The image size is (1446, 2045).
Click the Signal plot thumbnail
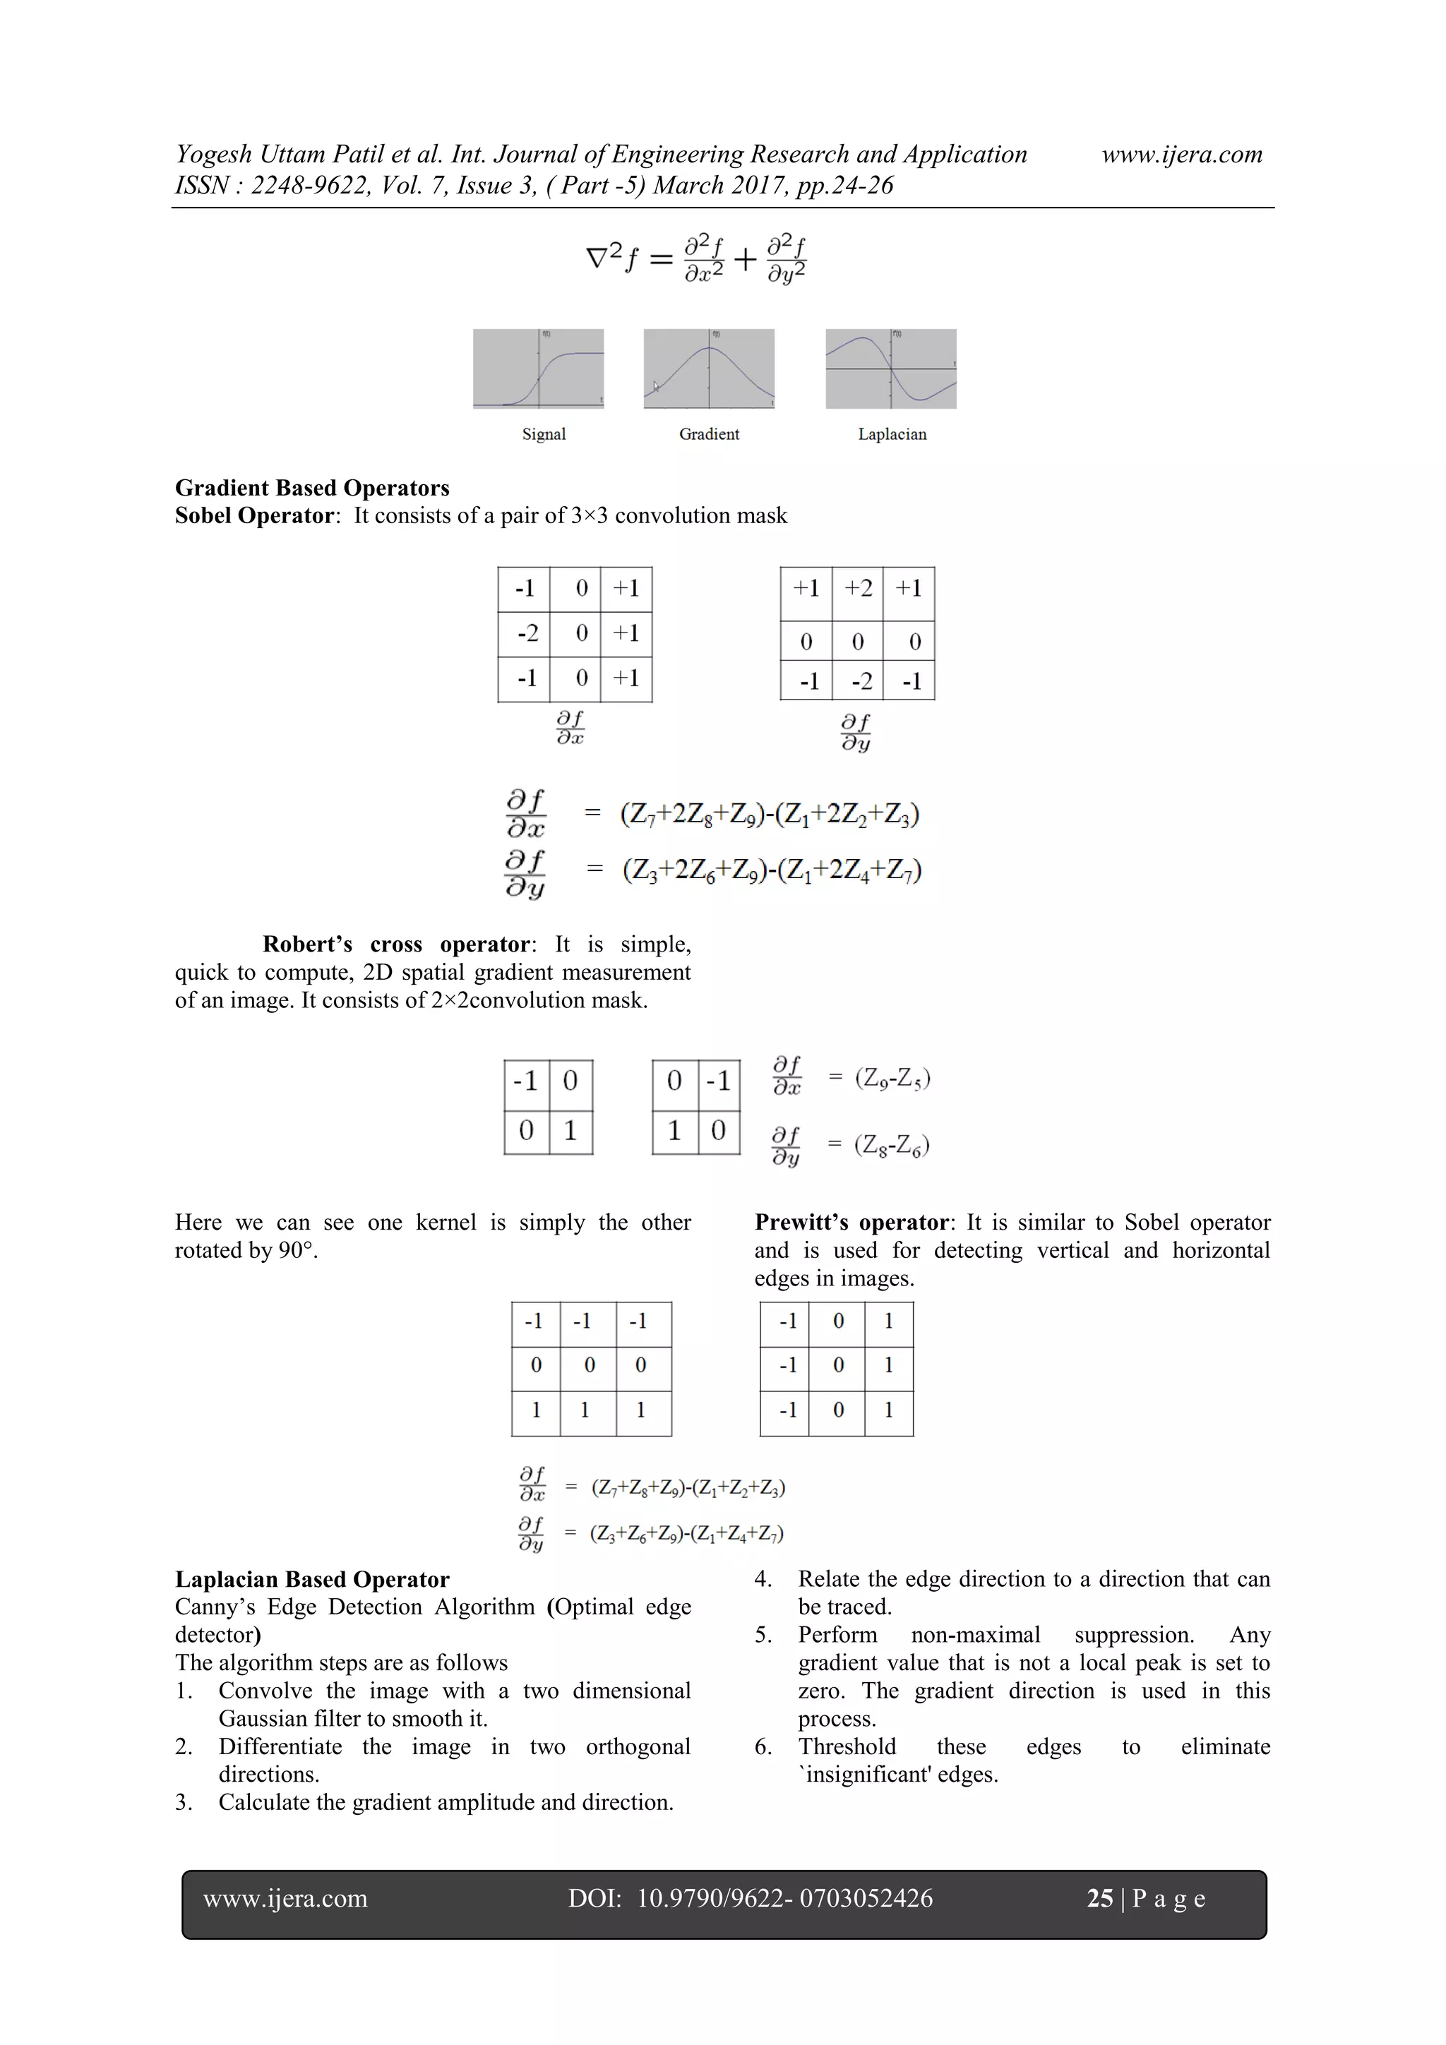pyautogui.click(x=538, y=368)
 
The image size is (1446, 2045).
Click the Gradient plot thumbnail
pyautogui.click(x=708, y=368)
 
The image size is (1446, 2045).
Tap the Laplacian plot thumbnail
pyautogui.click(x=891, y=368)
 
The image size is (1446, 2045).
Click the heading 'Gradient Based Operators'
pyautogui.click(x=312, y=488)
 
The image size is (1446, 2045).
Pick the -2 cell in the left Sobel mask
pyautogui.click(x=527, y=633)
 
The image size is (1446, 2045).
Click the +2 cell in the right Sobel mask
pyautogui.click(x=858, y=589)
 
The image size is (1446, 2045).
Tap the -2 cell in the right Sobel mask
pyautogui.click(x=860, y=681)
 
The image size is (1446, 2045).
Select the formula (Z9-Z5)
pyautogui.click(x=892, y=1079)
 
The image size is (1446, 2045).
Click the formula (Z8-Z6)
pyautogui.click(x=892, y=1144)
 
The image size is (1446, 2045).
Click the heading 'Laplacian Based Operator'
pyautogui.click(x=312, y=1579)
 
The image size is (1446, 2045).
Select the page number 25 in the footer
pyautogui.click(x=1099, y=1898)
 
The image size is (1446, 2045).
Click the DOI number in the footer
pyautogui.click(x=784, y=1898)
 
